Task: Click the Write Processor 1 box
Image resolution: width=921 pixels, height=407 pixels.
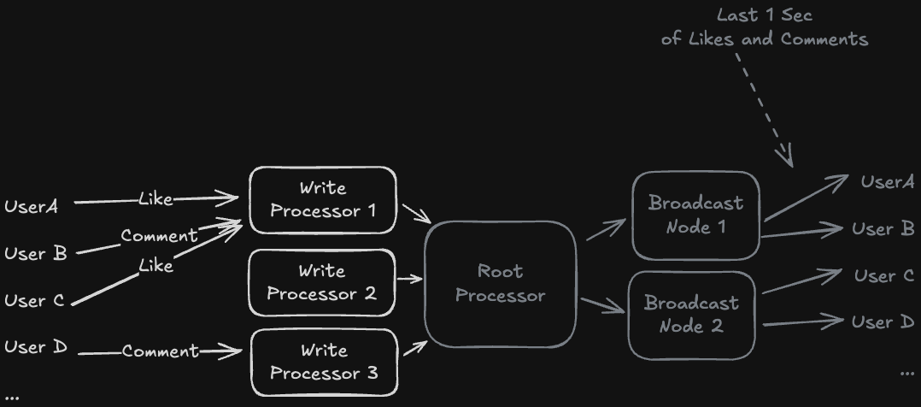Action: [323, 200]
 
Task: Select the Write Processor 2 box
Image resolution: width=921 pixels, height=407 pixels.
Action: [322, 282]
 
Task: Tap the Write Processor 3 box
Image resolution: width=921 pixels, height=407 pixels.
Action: [324, 362]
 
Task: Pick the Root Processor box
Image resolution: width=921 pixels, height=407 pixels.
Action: [501, 284]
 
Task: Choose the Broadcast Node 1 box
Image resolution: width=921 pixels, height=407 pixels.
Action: [695, 215]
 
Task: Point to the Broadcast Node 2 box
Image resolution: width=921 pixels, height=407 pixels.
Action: [691, 315]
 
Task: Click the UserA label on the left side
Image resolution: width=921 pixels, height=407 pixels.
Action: [31, 206]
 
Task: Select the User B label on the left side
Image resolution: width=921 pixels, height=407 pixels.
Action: [35, 253]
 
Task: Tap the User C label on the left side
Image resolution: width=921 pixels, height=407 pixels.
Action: [34, 300]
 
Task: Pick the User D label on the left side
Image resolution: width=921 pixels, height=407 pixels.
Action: [35, 347]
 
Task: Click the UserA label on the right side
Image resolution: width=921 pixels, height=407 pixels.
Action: [888, 181]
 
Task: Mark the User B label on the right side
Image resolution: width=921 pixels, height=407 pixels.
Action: [883, 228]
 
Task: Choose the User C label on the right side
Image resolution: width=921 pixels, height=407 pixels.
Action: [884, 275]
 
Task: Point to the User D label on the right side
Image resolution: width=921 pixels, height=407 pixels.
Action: [883, 321]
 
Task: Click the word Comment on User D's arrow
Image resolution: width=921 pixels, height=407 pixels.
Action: [160, 351]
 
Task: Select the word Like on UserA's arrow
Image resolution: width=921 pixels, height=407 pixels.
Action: [155, 199]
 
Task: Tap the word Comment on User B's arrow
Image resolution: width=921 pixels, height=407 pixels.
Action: [159, 235]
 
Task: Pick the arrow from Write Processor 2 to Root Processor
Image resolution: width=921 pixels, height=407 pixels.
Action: [409, 279]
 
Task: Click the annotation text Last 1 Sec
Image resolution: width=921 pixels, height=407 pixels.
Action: [764, 15]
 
